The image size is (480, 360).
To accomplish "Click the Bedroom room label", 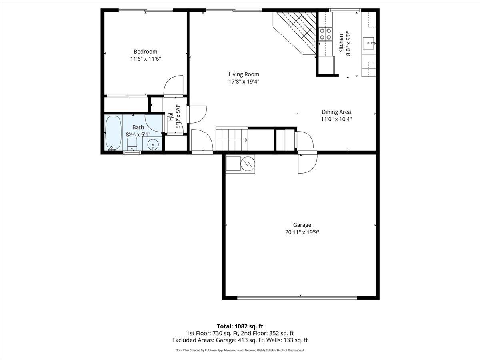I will tap(145, 52).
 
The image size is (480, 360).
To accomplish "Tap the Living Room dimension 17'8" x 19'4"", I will tap(244, 82).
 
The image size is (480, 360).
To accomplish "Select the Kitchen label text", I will tap(341, 43).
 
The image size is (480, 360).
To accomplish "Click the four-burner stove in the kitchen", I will tap(325, 34).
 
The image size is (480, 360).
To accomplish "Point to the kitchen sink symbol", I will tap(368, 41).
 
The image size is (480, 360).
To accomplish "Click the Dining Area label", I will tap(336, 112).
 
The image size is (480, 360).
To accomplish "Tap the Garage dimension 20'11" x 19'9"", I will tap(302, 232).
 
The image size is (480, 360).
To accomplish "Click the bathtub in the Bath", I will tap(113, 133).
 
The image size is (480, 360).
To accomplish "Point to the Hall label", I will tap(171, 116).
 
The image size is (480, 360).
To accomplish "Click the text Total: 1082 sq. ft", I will tap(240, 326).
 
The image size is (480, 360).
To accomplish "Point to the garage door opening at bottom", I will tap(297, 297).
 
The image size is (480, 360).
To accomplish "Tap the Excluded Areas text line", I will tap(240, 340).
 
